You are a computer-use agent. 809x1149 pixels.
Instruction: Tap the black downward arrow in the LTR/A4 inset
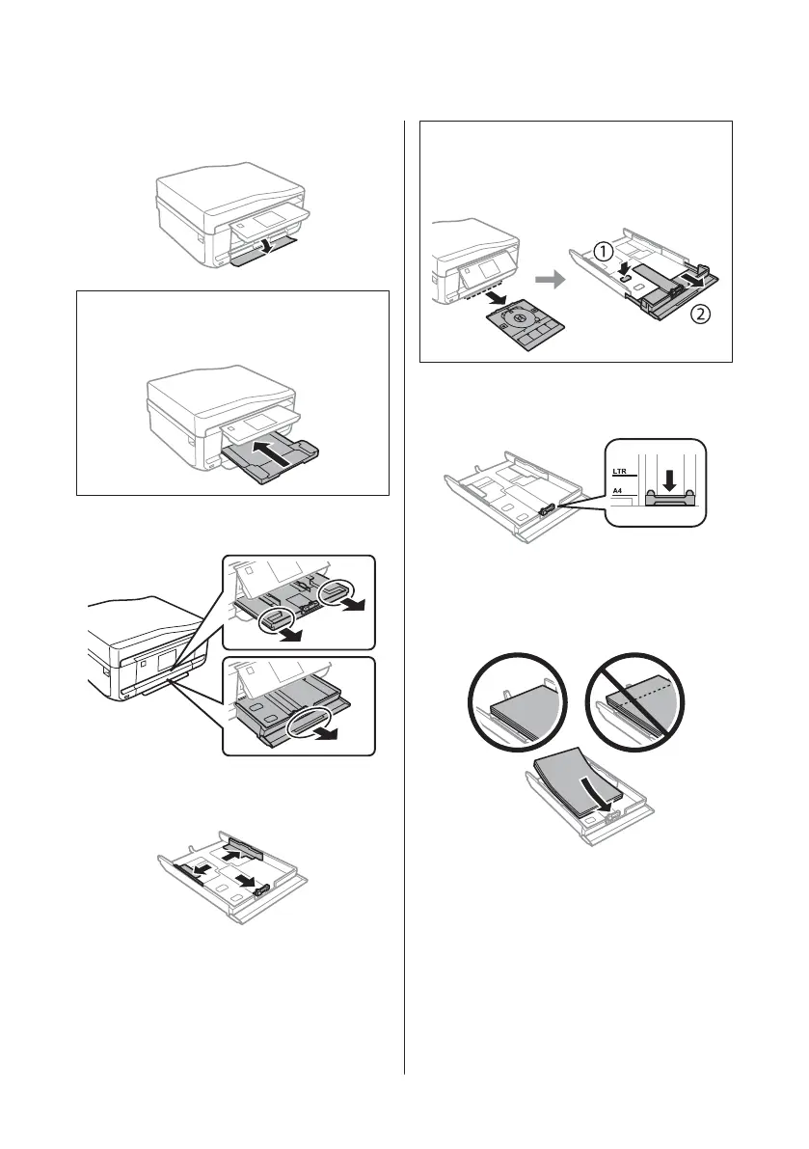pos(666,480)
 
